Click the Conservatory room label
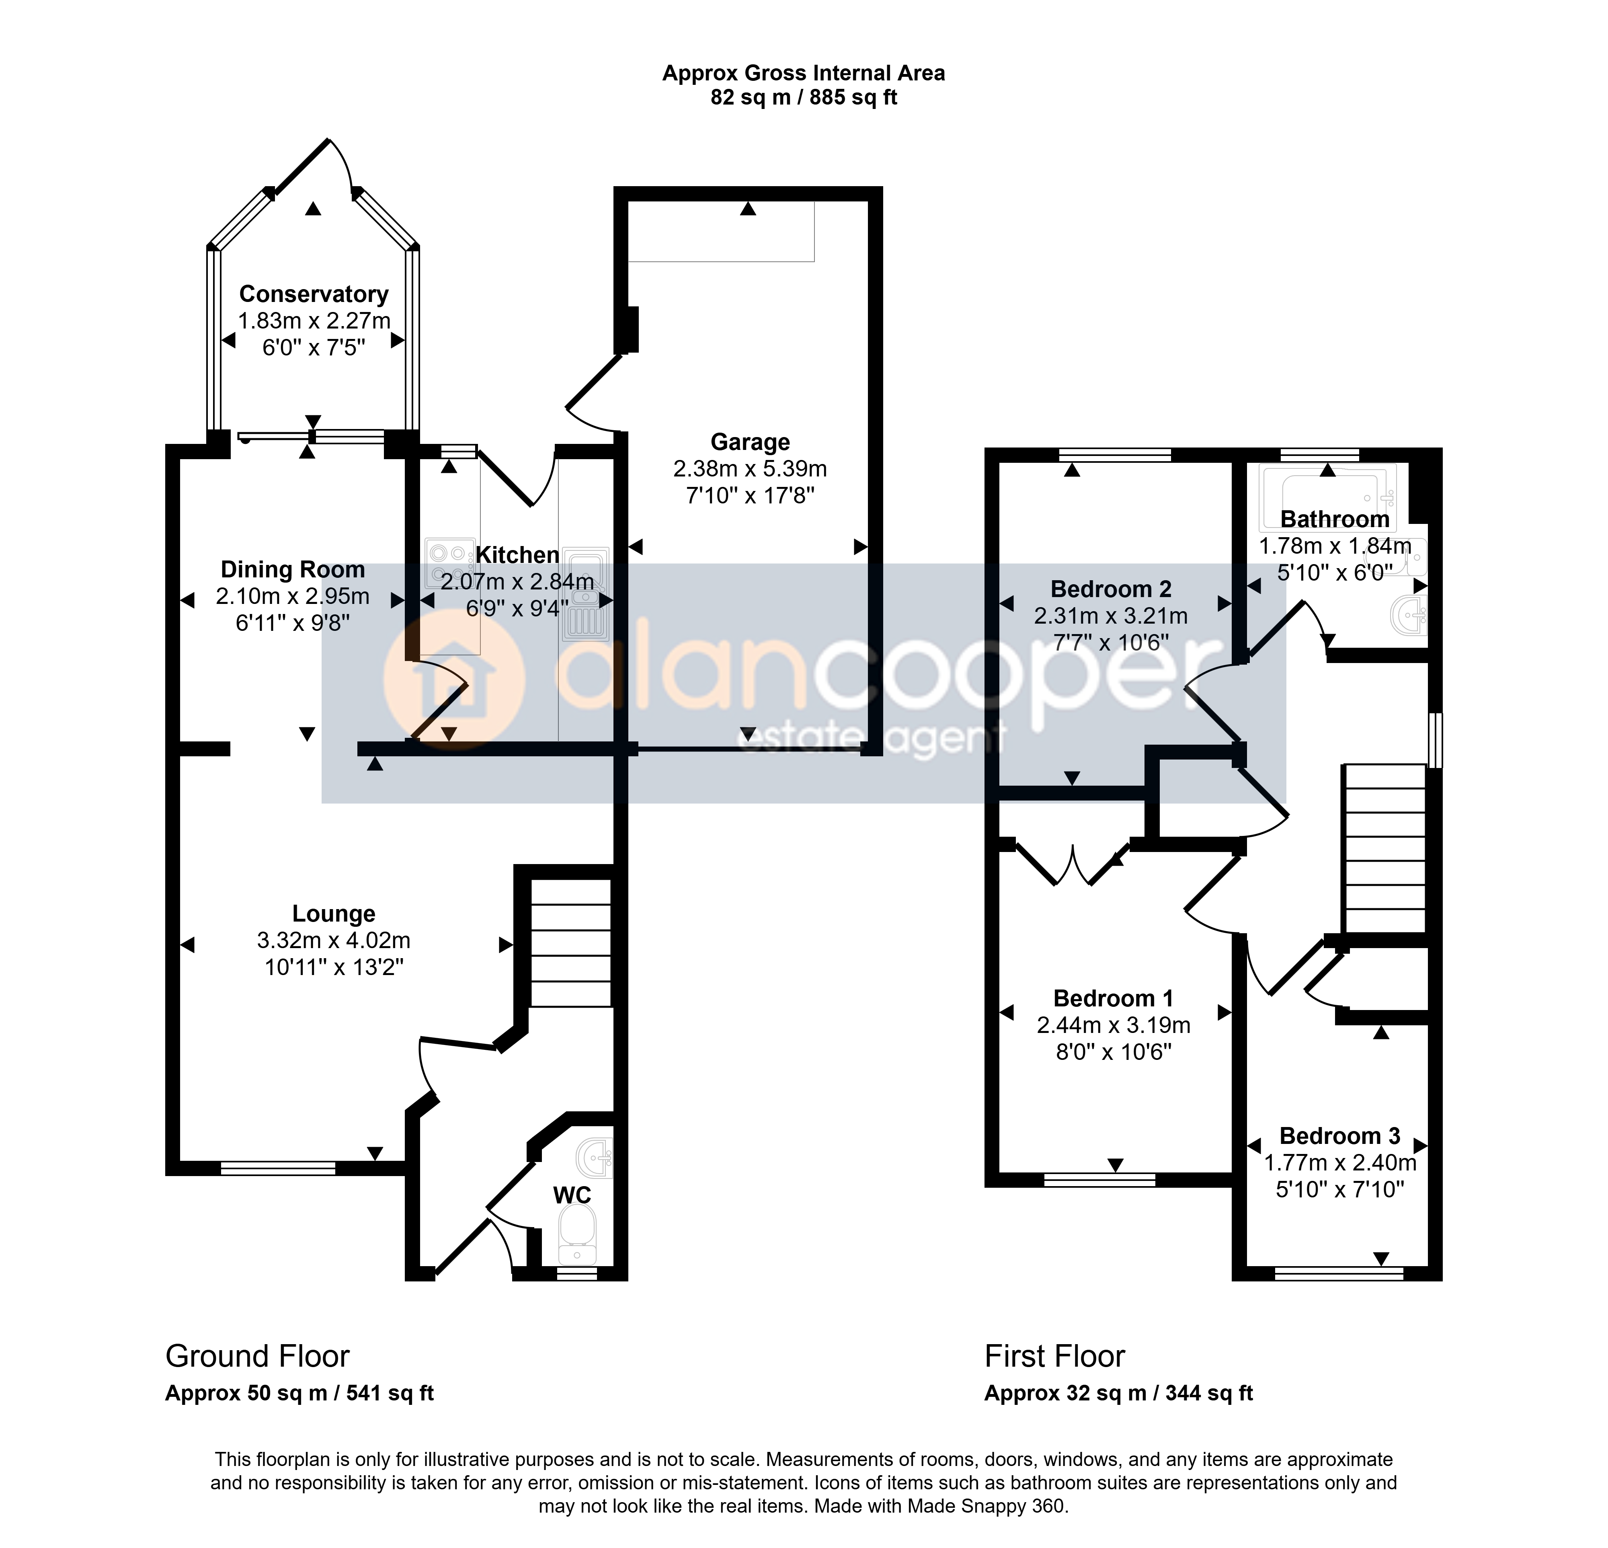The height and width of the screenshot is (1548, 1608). coord(314,294)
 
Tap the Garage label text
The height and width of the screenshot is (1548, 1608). coord(750,442)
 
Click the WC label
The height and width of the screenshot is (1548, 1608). coord(572,1195)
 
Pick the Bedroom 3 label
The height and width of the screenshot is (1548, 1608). coord(1340,1136)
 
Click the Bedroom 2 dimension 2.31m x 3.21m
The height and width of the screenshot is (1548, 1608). coord(1111,615)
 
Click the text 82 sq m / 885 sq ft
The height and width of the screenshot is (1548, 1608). coord(804,98)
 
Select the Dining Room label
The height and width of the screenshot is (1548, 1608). coord(293,569)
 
